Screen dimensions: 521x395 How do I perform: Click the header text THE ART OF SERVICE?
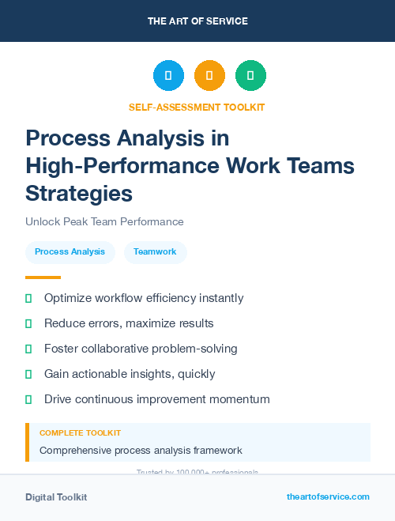(x=197, y=21)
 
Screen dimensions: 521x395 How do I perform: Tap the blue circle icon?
(x=168, y=76)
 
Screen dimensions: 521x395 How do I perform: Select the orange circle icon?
(x=209, y=76)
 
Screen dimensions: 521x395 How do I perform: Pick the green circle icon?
(x=250, y=76)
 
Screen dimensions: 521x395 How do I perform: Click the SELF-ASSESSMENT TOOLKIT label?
(x=197, y=107)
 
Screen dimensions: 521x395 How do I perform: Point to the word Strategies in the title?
(x=79, y=193)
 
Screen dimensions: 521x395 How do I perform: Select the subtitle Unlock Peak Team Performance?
(x=104, y=221)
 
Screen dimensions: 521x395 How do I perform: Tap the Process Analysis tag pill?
(x=70, y=252)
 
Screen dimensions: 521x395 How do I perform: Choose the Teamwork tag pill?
(x=155, y=252)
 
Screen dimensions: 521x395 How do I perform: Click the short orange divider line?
(x=43, y=277)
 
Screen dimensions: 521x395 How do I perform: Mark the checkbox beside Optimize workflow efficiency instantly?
(x=28, y=298)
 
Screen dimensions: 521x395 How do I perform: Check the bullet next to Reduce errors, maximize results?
(x=28, y=323)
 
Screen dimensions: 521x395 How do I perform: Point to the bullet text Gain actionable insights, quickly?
(x=130, y=374)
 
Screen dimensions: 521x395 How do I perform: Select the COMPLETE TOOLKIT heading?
(x=80, y=433)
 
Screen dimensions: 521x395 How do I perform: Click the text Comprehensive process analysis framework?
(x=141, y=451)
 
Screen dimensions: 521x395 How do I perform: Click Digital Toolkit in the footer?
(x=56, y=497)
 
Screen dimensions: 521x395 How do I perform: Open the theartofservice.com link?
(x=328, y=496)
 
